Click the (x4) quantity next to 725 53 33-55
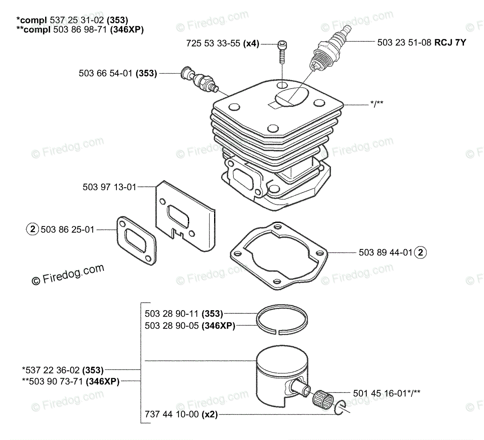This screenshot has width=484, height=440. (x=251, y=43)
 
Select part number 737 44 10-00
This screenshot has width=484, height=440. (x=173, y=414)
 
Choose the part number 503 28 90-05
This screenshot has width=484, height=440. (x=171, y=326)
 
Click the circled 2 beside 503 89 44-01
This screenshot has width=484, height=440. (x=420, y=252)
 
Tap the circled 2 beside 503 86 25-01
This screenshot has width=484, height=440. (x=32, y=229)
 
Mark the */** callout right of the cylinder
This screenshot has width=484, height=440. (x=376, y=104)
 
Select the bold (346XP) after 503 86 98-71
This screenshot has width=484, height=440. (x=127, y=29)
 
